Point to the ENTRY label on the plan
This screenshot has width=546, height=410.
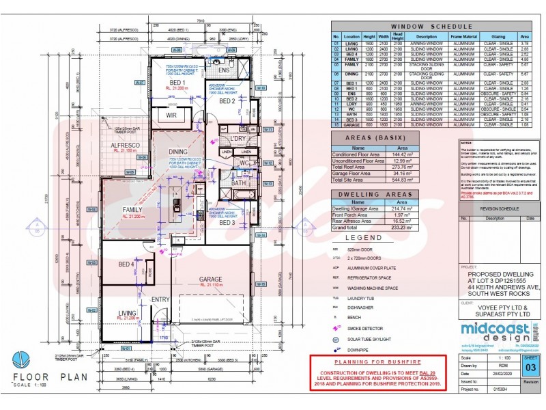pos(160,299)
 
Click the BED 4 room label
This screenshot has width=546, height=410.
pos(126,264)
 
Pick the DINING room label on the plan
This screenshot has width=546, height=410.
pos(178,152)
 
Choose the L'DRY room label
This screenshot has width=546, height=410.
pos(238,139)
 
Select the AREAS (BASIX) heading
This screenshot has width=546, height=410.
pos(372,138)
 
